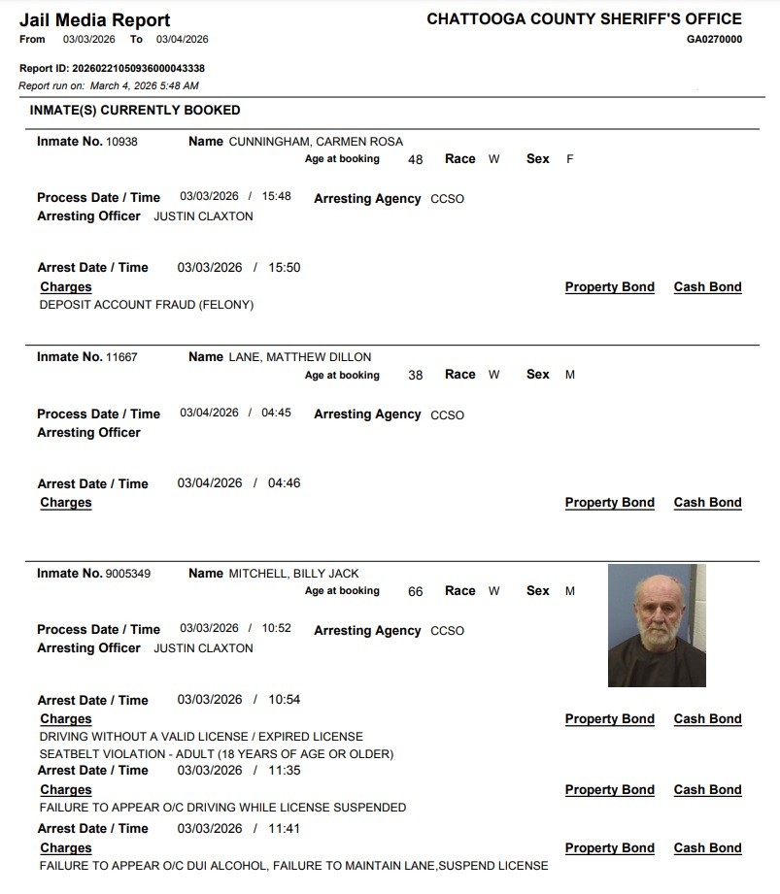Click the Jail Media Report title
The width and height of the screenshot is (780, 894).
[94, 19]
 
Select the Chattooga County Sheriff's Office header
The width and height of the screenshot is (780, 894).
[584, 19]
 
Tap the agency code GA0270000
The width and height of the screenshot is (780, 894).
[714, 40]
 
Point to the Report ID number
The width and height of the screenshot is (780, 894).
[138, 69]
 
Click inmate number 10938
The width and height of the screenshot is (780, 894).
[121, 142]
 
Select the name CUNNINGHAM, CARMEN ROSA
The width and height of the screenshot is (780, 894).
[316, 142]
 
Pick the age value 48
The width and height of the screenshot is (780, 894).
[415, 160]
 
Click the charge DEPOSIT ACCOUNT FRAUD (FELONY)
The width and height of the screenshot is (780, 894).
[146, 305]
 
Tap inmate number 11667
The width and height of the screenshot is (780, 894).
[121, 357]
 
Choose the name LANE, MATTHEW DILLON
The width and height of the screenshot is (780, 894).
[299, 357]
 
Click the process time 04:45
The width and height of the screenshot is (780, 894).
[276, 413]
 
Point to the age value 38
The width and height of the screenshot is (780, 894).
[415, 376]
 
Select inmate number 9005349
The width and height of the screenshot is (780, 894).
[128, 574]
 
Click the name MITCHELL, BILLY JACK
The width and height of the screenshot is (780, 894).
[293, 574]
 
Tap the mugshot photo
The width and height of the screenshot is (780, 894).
[657, 626]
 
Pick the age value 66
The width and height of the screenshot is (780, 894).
[415, 592]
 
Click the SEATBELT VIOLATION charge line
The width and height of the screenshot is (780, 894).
[216, 754]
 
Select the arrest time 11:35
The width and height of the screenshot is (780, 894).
[285, 771]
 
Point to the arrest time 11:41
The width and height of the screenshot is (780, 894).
[285, 829]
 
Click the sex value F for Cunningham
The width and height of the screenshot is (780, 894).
[569, 159]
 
